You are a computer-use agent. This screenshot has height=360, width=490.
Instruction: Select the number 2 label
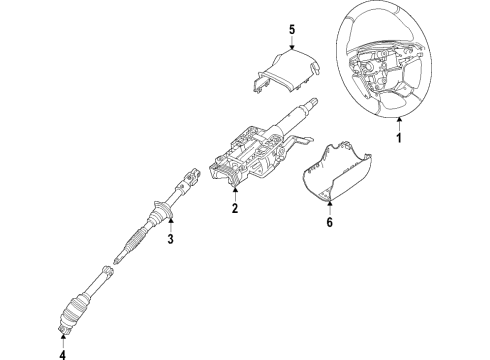[x=233, y=209]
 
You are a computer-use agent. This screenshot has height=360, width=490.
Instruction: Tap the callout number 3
[x=170, y=240]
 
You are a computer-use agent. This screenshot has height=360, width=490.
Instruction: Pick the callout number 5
[x=292, y=30]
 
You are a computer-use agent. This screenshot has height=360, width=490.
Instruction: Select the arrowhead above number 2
[x=233, y=191]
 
